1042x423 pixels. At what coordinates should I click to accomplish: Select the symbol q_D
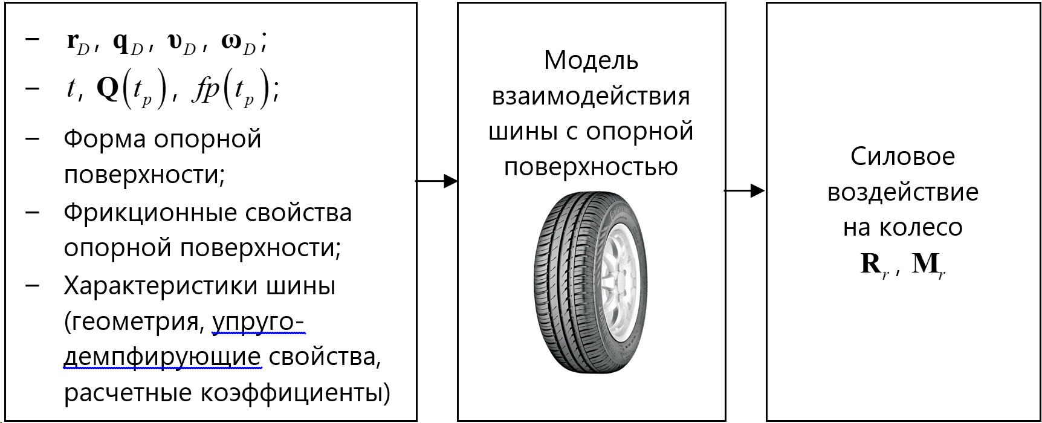[128, 43]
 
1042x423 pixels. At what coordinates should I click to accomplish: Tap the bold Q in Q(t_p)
[108, 89]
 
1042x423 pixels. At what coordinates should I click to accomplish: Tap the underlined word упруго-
[258, 322]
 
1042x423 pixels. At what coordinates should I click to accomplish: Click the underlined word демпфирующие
[162, 357]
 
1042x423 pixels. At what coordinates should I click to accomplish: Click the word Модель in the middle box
[591, 60]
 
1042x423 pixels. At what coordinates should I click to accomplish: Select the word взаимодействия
[591, 96]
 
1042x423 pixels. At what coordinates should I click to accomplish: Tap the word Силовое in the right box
[902, 157]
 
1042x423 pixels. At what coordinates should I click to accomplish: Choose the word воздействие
[902, 192]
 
